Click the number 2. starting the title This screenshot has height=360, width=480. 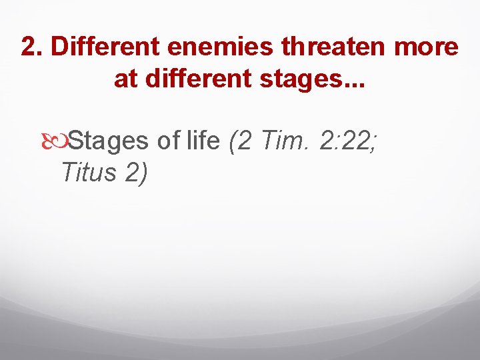coord(32,47)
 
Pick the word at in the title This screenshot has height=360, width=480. coord(124,80)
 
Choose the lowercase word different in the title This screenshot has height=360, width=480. coord(191,80)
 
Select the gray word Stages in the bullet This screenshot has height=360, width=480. coord(109,141)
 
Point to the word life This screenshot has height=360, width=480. coord(204,141)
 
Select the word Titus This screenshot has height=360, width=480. coord(87,173)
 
